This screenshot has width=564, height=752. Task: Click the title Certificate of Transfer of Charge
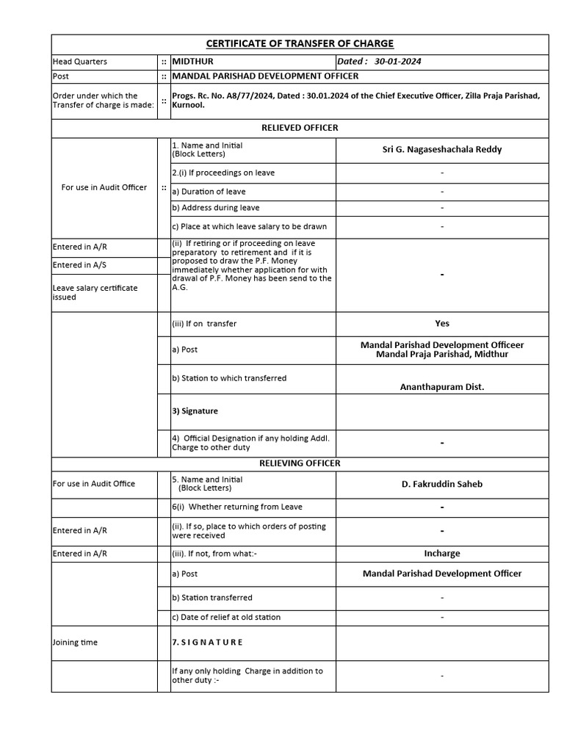[x=300, y=44]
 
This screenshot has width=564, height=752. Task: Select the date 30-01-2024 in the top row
[x=397, y=62]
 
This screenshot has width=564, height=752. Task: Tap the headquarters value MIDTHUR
[x=192, y=62]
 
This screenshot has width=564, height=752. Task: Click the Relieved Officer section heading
[x=300, y=128]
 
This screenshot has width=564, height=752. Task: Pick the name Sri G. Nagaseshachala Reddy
[x=442, y=150]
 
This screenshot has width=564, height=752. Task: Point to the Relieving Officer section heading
[x=300, y=463]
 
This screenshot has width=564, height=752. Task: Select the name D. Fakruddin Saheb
[x=442, y=484]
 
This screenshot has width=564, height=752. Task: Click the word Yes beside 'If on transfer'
[x=442, y=323]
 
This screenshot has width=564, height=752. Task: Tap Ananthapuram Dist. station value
[x=442, y=387]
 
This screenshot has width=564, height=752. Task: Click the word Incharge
[x=442, y=554]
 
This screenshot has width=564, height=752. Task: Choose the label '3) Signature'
[x=195, y=411]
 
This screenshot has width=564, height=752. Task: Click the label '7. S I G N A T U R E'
[x=207, y=643]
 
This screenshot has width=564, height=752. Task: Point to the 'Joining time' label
[x=75, y=643]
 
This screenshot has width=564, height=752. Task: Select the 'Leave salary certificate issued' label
[x=95, y=292]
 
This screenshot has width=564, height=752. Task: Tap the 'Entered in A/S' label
[x=80, y=265]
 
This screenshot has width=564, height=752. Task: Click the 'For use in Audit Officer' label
[x=104, y=187]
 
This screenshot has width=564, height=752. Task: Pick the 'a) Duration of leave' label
[x=209, y=192]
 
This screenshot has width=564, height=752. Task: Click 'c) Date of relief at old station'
[x=226, y=618]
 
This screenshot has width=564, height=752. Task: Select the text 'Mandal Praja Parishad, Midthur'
[x=442, y=355]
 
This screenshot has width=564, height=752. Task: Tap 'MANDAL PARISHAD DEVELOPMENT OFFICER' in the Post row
[x=265, y=76]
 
